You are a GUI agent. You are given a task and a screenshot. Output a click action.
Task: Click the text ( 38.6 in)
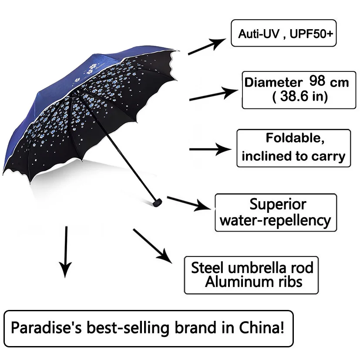(x=299, y=97)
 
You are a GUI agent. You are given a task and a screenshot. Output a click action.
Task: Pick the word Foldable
(x=295, y=139)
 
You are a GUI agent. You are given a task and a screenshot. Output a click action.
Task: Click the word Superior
(x=278, y=204)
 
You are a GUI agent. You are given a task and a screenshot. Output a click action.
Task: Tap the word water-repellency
(x=275, y=221)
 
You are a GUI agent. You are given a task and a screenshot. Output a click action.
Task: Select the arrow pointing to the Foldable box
(x=211, y=149)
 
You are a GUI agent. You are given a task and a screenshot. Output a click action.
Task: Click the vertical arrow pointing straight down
(x=66, y=252)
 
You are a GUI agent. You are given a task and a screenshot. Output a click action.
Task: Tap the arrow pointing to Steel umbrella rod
(x=152, y=246)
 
